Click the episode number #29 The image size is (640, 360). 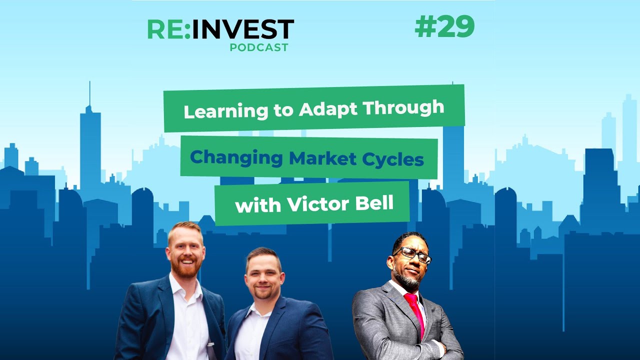click(444, 28)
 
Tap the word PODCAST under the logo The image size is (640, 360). click(259, 47)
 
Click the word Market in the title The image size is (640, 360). click(319, 158)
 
